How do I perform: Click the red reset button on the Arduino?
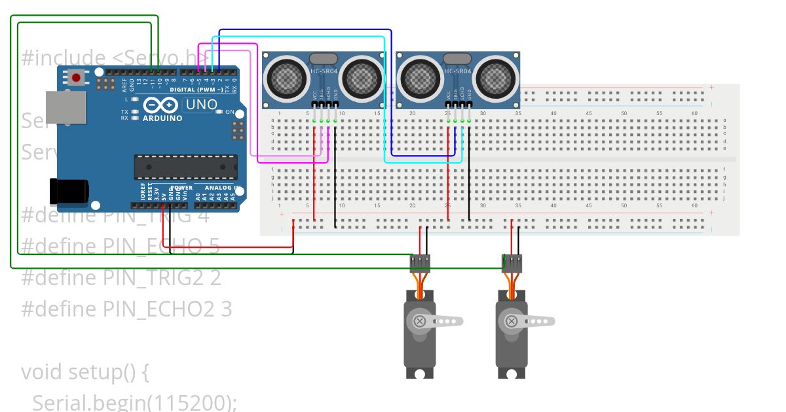pyautogui.click(x=76, y=78)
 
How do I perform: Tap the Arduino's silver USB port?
pyautogui.click(x=65, y=108)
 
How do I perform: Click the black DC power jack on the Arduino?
pyautogui.click(x=69, y=190)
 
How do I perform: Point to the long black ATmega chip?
pyautogui.click(x=185, y=167)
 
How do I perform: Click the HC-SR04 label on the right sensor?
pyautogui.click(x=457, y=71)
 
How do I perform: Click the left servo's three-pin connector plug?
pyautogui.click(x=420, y=263)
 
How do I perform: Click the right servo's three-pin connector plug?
pyautogui.click(x=512, y=263)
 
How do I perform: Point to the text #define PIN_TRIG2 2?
pyautogui.click(x=121, y=277)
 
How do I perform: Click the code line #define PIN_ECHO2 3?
pyautogui.click(x=126, y=308)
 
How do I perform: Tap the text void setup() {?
pyautogui.click(x=85, y=371)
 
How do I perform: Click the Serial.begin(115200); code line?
pyautogui.click(x=134, y=402)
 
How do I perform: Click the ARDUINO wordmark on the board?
pyautogui.click(x=162, y=118)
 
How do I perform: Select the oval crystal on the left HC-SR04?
pyautogui.click(x=323, y=59)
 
